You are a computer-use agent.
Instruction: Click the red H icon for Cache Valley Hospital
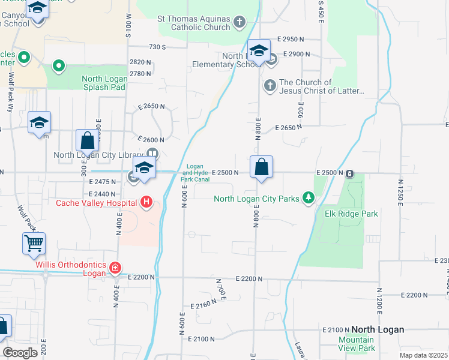146,203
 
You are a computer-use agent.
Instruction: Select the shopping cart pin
34,244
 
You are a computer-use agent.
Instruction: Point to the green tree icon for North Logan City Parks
309,198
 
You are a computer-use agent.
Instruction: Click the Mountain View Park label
356,344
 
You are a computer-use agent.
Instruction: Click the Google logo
20,352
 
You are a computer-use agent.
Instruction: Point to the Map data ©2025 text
423,355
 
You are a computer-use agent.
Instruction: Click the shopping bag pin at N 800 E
261,167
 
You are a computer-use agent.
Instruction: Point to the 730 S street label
157,46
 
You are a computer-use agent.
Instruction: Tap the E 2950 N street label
290,39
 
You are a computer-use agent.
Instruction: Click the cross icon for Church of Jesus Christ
270,86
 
